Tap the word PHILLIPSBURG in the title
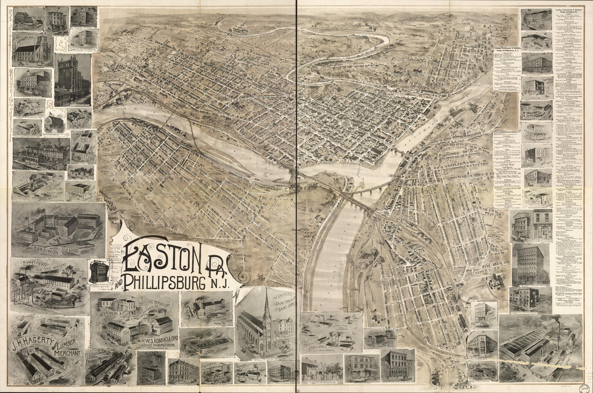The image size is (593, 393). coord(170,282)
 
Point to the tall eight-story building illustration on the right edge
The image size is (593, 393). coord(530,264)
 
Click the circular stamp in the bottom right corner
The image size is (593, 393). coord(583,387)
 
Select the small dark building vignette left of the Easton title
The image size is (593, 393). coord(99,271)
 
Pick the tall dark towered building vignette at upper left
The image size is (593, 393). coord(72,80)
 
